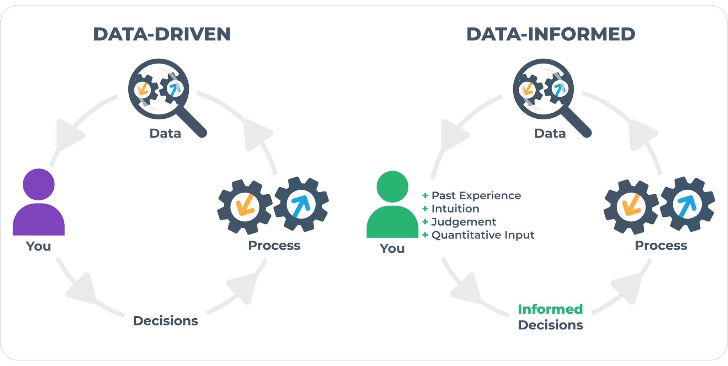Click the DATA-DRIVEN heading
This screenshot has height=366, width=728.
click(162, 34)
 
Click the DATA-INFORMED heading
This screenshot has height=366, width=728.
click(550, 34)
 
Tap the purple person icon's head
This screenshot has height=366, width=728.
click(38, 184)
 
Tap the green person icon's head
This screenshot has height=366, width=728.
click(392, 187)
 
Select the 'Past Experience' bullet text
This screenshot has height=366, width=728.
click(476, 195)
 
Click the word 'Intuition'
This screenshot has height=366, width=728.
click(455, 209)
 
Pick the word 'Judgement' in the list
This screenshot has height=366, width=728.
click(464, 222)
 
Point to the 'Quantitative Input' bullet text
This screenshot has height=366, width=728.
click(482, 235)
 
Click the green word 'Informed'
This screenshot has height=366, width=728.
click(550, 309)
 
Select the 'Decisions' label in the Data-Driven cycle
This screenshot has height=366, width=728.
click(165, 321)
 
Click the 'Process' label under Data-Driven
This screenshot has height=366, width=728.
click(274, 246)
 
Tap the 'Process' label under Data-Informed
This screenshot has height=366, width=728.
click(661, 246)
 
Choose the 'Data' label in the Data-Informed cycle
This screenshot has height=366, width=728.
click(550, 134)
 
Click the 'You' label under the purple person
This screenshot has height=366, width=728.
click(38, 246)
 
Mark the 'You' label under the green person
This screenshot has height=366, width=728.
click(392, 248)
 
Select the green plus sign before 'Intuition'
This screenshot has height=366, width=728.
click(425, 209)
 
